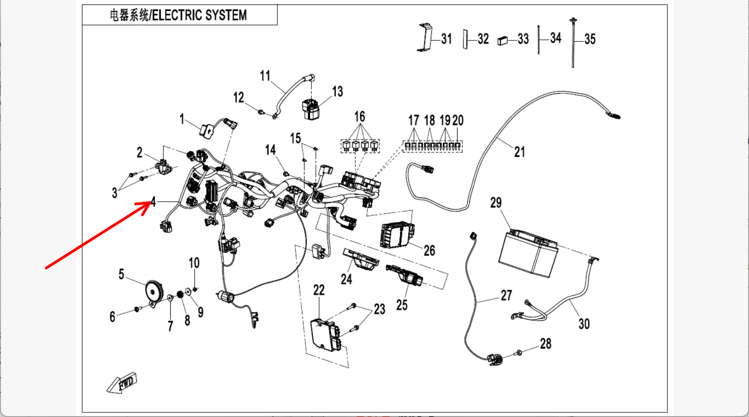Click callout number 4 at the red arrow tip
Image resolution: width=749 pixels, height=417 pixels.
coord(153,201)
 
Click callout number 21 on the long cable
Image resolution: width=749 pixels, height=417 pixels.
coord(519,152)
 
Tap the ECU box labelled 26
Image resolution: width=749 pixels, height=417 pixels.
coord(397,235)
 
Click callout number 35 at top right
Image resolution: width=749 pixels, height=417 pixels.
coord(590,40)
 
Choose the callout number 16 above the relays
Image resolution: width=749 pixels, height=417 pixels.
coord(360,117)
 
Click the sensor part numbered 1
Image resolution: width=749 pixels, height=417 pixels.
coord(207,131)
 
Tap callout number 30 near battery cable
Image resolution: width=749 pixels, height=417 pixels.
coord(584,324)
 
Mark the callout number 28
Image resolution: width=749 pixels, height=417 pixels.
coord(546,344)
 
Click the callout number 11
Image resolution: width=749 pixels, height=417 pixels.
coord(265,76)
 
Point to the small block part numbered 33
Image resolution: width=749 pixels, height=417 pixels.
coord(503,41)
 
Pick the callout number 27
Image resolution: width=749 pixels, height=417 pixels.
coord(507,296)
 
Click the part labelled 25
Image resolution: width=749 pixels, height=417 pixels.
coord(404,275)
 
